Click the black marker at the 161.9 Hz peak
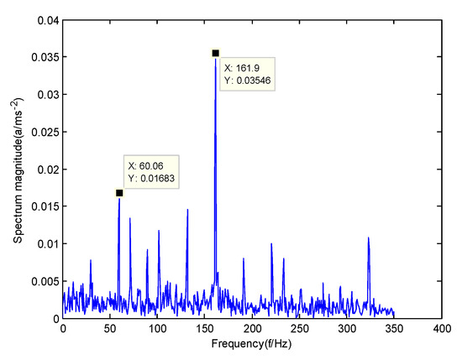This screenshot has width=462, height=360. (216, 53)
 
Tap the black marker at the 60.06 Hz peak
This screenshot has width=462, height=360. (119, 193)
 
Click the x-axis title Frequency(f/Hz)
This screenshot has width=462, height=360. (252, 345)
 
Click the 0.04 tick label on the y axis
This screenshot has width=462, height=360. (46, 20)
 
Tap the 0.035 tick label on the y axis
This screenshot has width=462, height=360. (44, 57)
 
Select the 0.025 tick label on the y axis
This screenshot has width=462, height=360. (44, 132)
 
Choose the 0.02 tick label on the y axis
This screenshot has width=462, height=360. (46, 170)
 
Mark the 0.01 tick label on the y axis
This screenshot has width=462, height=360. (46, 244)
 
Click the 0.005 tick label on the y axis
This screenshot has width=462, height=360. (44, 281)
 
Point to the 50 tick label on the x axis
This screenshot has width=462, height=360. (110, 329)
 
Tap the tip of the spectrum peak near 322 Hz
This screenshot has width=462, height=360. (368, 238)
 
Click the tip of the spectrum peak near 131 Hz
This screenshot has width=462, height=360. (187, 210)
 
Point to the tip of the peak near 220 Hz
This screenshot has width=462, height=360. (271, 244)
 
